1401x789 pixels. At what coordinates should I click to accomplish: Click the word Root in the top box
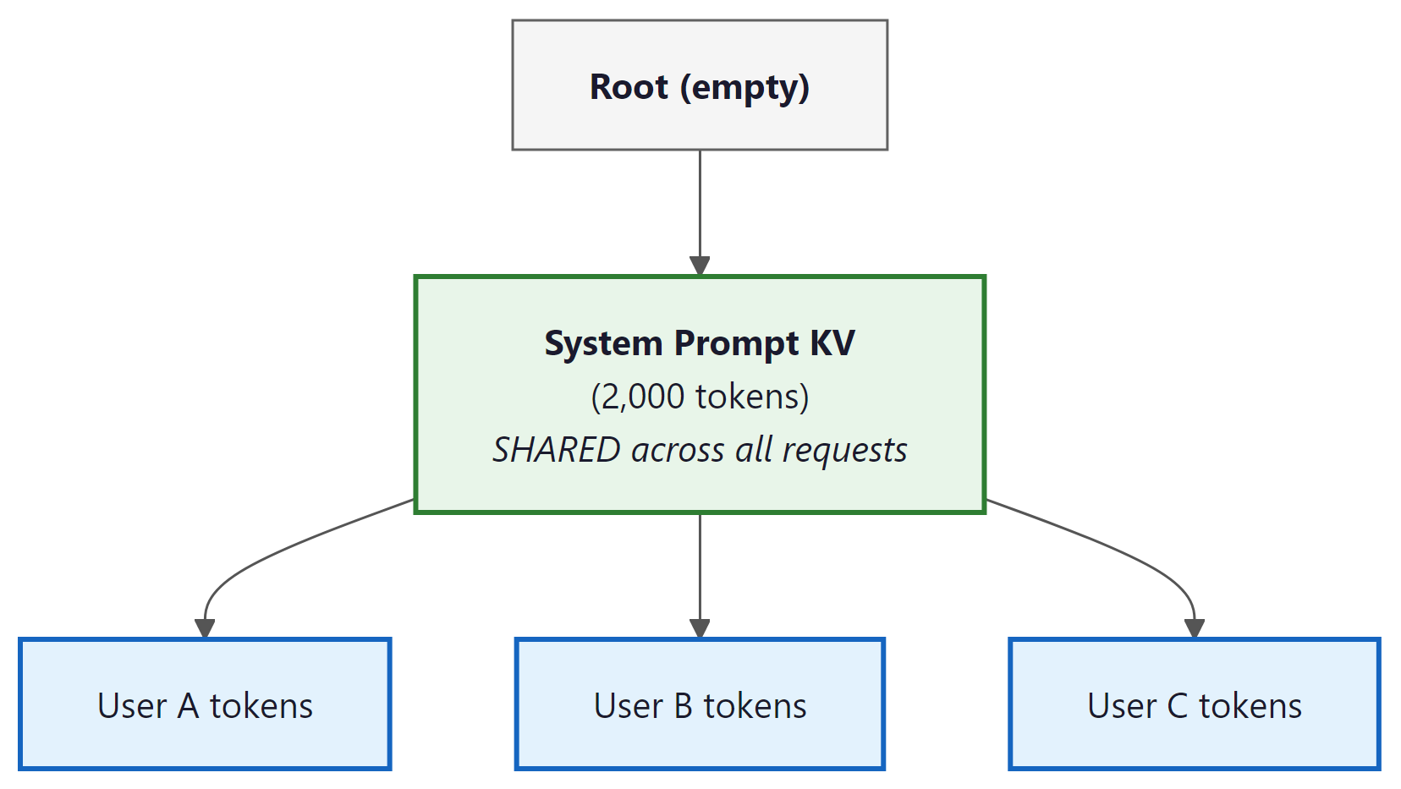[629, 87]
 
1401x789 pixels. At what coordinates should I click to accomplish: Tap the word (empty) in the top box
[744, 87]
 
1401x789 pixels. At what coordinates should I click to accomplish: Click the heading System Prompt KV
[700, 343]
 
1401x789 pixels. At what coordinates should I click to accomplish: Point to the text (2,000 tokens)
[700, 397]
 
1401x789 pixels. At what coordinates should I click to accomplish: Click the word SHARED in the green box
[557, 450]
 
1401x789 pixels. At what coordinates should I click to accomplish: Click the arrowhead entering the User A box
[205, 628]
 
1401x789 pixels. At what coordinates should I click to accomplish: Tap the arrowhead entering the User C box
[1194, 628]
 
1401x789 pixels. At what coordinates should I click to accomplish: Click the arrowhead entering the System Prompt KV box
[700, 266]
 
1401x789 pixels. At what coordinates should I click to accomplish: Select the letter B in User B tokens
[683, 706]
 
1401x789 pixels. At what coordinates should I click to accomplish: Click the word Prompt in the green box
[736, 343]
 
